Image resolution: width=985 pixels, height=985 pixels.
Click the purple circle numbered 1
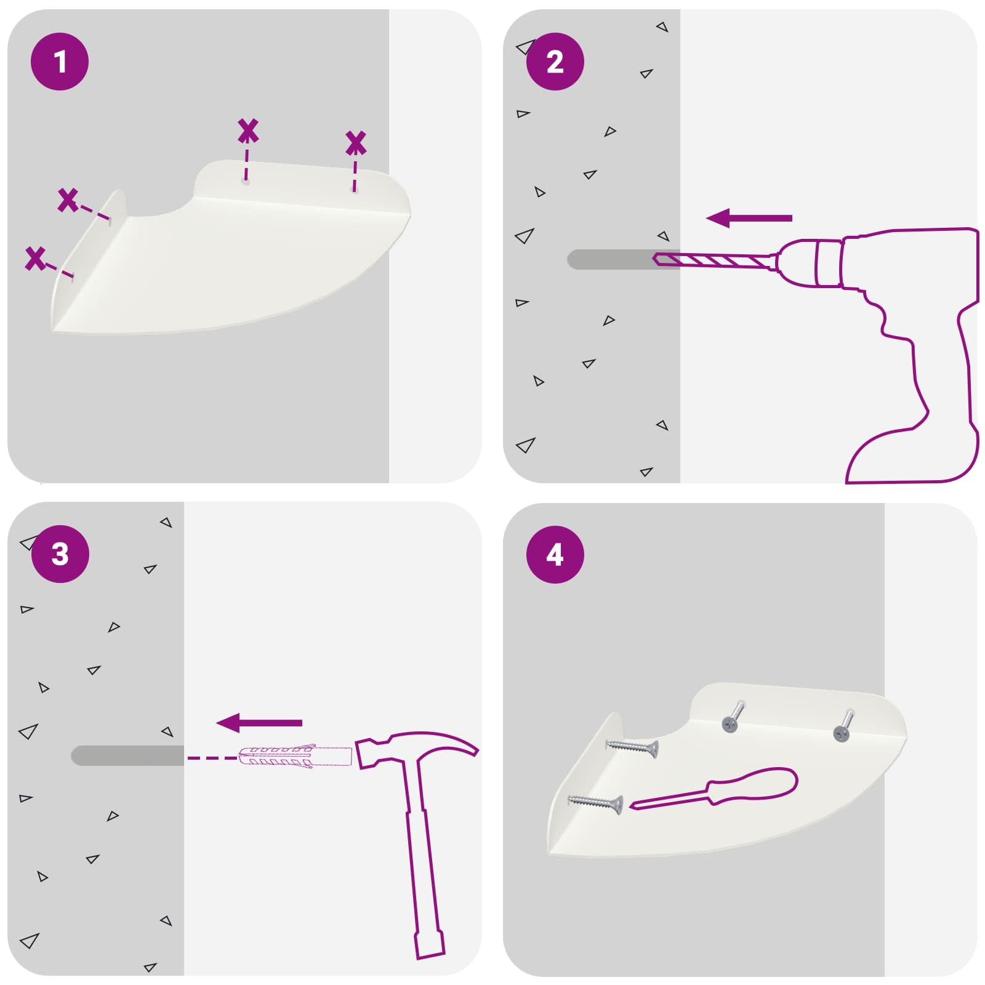(60, 62)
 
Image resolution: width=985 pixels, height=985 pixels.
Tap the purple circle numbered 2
(555, 62)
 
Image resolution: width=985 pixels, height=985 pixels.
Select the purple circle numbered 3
(60, 554)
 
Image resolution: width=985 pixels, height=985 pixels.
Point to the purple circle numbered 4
(555, 554)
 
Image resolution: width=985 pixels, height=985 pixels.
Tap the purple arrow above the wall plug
(259, 723)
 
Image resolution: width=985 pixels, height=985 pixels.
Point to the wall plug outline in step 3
(294, 757)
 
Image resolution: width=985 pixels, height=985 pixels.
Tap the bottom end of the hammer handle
(430, 955)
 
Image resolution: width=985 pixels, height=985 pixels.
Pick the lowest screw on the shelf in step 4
(595, 803)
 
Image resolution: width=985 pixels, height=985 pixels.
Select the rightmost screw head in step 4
(842, 733)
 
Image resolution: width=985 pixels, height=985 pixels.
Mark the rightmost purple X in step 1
(356, 143)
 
